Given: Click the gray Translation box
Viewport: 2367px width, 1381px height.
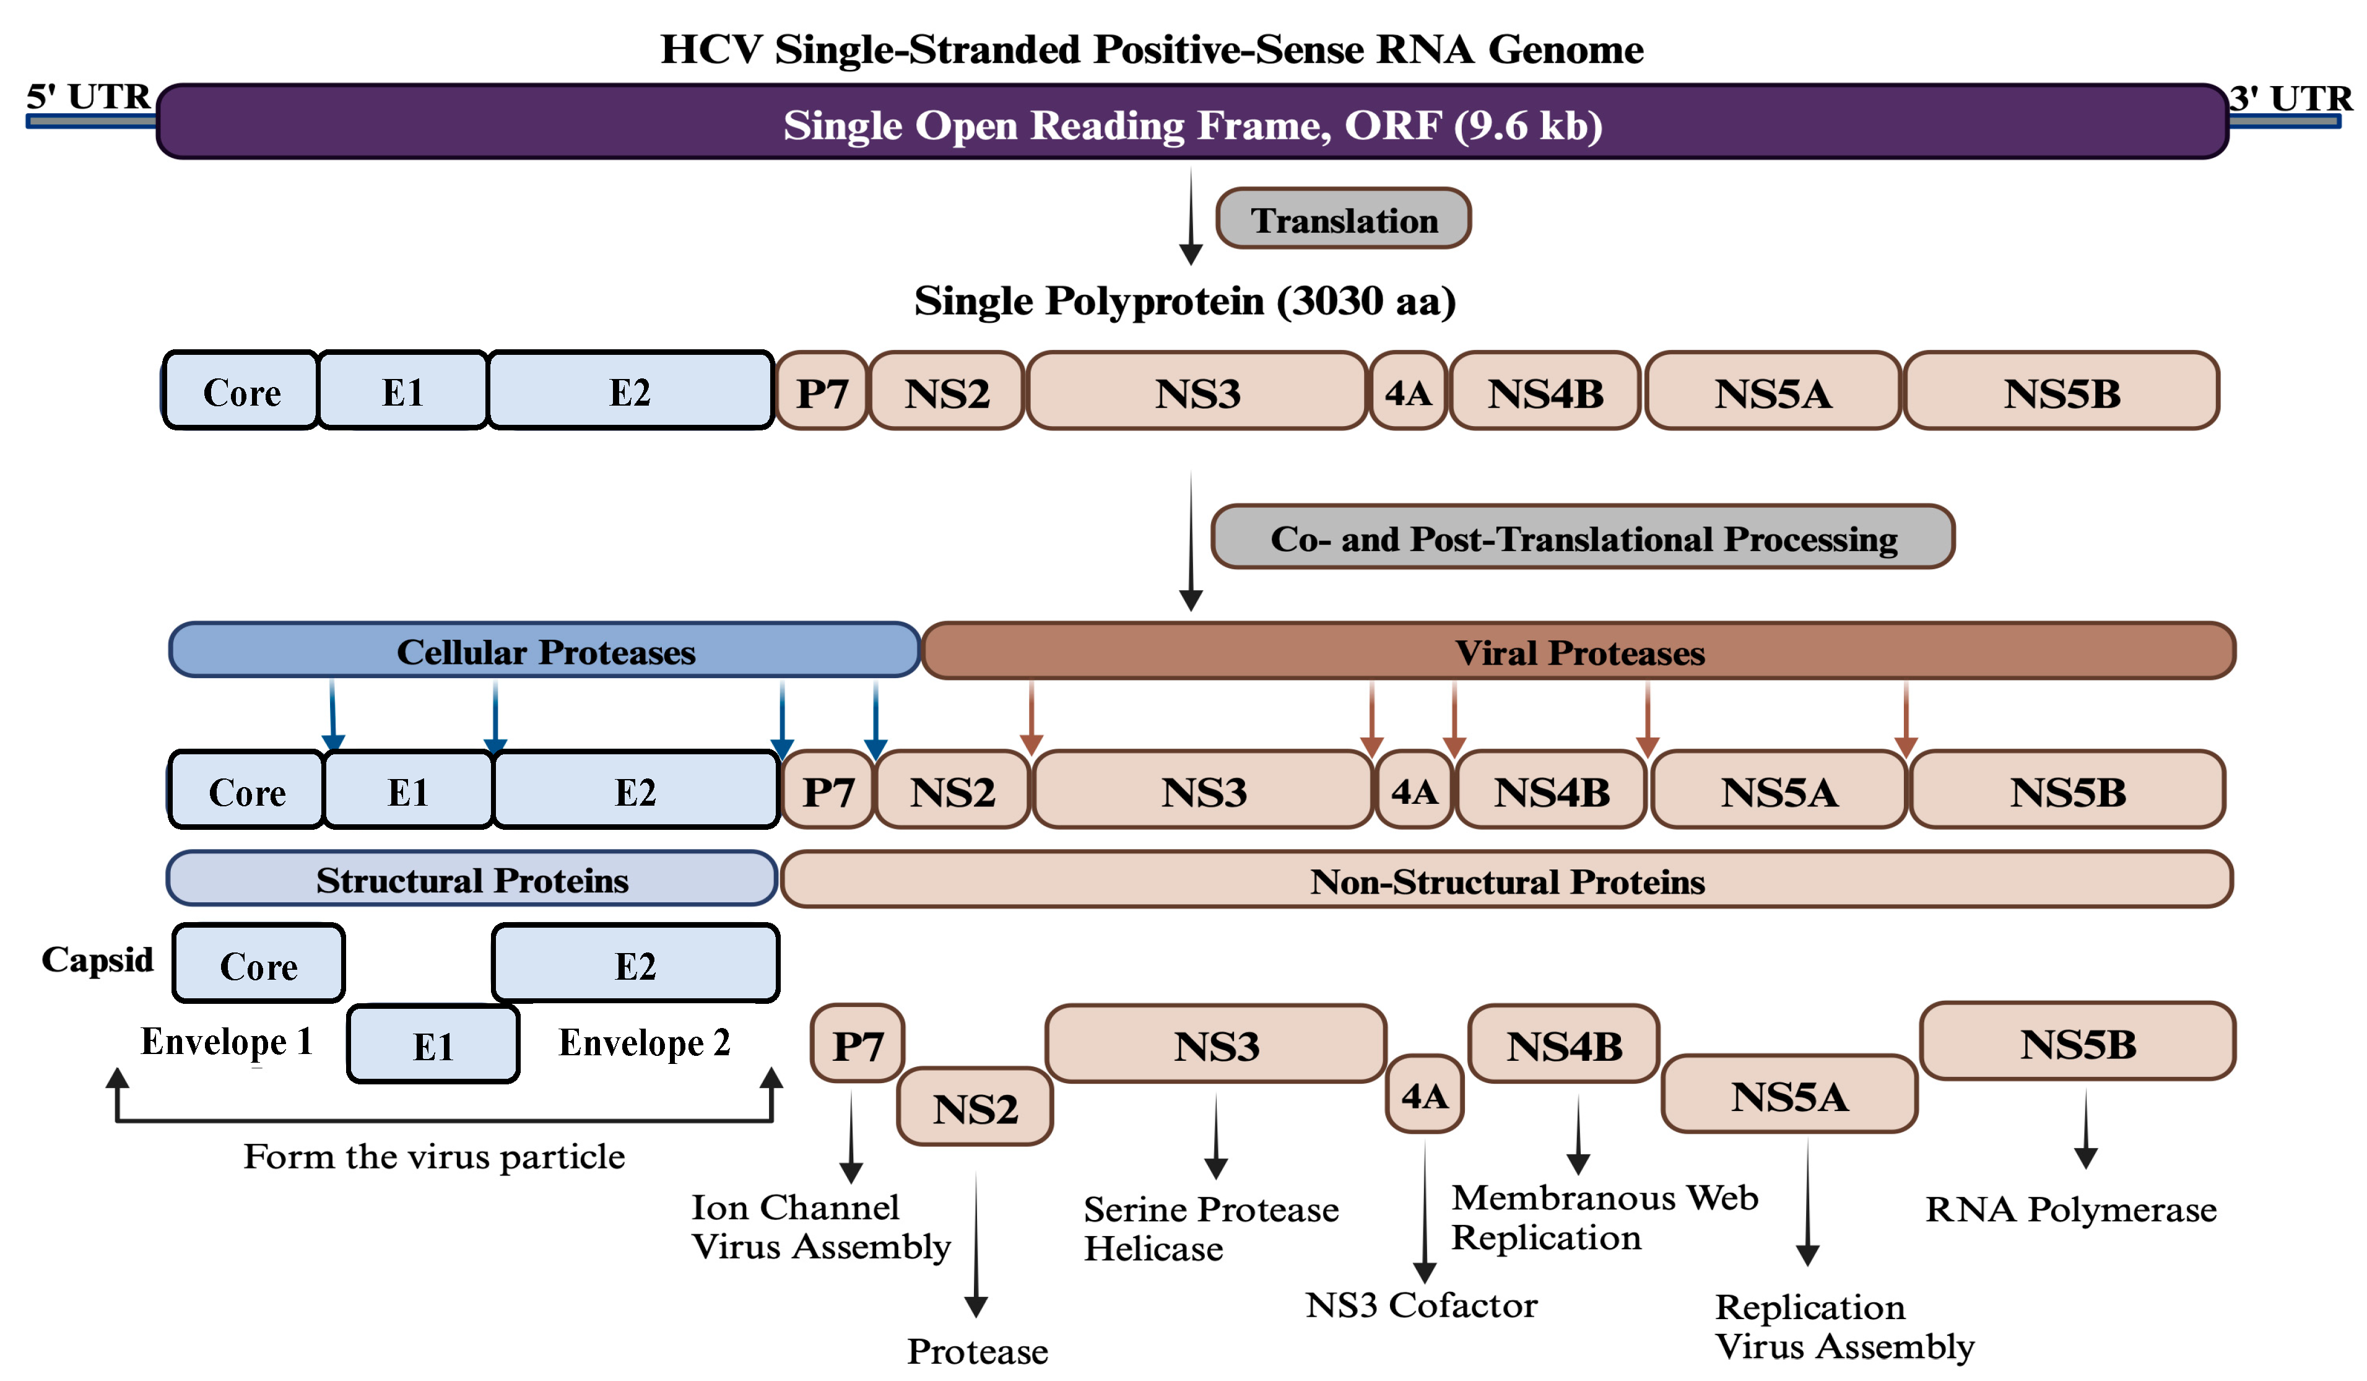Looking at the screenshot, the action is coord(1343,218).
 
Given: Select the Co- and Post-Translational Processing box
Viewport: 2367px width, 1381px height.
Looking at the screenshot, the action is coord(1583,536).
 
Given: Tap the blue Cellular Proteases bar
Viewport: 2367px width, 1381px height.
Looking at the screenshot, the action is coord(545,650).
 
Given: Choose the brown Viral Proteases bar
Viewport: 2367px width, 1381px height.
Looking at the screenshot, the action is coord(1578,651).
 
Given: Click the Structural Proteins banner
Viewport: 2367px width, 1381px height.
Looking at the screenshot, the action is coord(472,879).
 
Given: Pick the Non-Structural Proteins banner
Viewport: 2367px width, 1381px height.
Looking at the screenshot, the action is coord(1506,880).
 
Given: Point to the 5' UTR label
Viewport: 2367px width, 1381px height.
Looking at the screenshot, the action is coord(89,96).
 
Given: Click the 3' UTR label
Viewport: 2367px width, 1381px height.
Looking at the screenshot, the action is coord(2290,98).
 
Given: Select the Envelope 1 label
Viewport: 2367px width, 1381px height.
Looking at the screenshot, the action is coord(227,1042).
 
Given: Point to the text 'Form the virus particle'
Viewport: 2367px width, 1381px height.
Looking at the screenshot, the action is coord(434,1156).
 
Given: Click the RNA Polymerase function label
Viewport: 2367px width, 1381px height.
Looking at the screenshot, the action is coord(2070,1209).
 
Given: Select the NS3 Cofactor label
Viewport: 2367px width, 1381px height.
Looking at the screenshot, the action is coord(1421,1305).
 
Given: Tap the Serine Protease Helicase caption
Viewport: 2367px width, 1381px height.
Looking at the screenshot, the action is coord(1210,1229).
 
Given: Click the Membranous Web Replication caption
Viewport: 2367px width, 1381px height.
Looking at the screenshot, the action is coord(1604,1218).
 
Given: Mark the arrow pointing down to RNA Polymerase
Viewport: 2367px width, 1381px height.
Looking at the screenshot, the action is coord(2085,1128).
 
